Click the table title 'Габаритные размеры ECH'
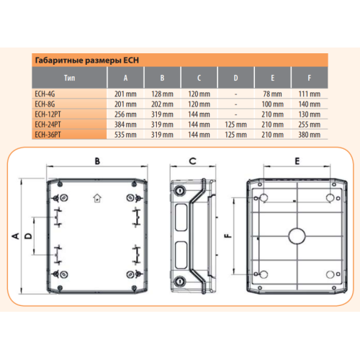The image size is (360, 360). [87, 60]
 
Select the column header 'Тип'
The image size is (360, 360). [69, 78]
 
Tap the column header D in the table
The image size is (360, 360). [235, 78]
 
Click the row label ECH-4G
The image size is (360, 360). [45, 94]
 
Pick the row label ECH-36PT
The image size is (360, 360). [48, 135]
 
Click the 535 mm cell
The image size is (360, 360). [125, 135]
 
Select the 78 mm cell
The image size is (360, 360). [272, 94]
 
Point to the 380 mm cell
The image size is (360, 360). [310, 135]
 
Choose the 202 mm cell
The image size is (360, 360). [162, 104]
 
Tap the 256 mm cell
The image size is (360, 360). [125, 114]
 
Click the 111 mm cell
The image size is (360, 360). [310, 94]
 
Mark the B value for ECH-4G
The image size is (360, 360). [162, 94]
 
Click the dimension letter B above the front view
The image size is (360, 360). [97, 161]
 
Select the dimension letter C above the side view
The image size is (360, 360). [192, 161]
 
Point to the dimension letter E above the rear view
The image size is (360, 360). [297, 161]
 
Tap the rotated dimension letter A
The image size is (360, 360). [16, 235]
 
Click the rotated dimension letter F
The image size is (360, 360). [228, 236]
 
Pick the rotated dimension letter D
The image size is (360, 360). [28, 236]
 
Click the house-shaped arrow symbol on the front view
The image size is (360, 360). [97, 198]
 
